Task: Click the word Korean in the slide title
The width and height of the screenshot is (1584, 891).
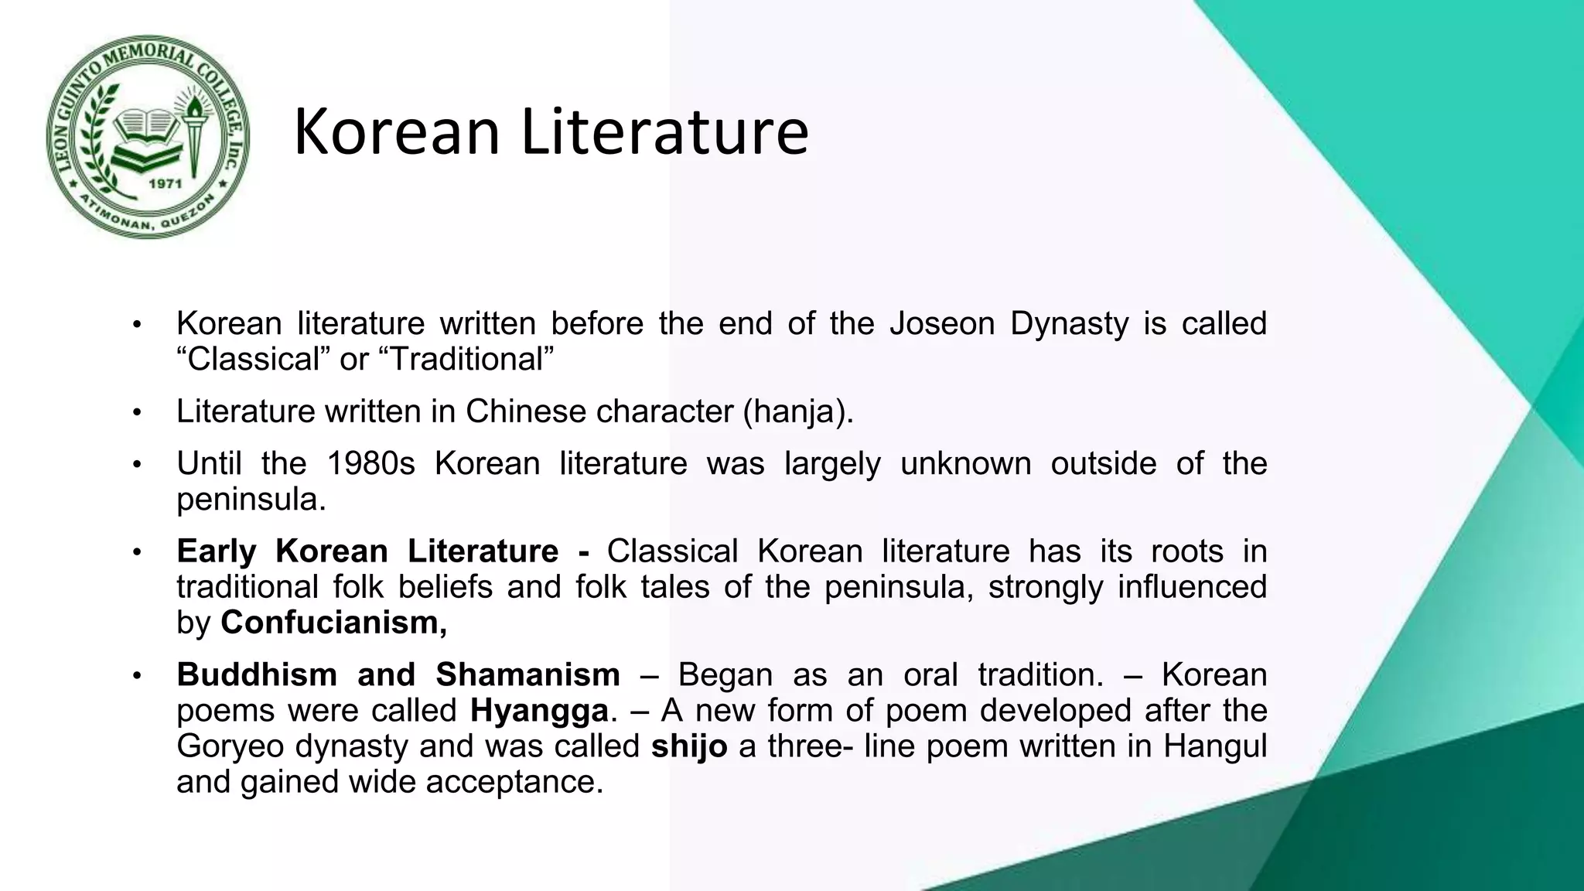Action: click(x=396, y=132)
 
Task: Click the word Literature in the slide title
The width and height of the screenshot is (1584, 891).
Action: click(x=664, y=132)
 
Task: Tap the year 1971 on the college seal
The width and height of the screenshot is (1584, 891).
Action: click(x=164, y=184)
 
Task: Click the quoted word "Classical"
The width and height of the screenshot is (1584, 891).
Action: click(x=253, y=359)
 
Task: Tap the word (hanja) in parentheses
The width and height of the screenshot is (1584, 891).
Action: click(x=798, y=411)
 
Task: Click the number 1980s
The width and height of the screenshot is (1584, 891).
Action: click(x=371, y=464)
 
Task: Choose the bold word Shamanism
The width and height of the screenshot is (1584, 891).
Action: click(x=527, y=674)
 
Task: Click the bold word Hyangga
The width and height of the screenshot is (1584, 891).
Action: click(x=539, y=710)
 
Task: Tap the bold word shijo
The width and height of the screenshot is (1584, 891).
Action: click(x=689, y=746)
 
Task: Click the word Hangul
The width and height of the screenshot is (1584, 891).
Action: click(x=1215, y=746)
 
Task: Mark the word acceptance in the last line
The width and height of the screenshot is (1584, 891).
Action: click(x=514, y=782)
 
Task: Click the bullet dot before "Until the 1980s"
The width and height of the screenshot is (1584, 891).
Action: click(x=137, y=465)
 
